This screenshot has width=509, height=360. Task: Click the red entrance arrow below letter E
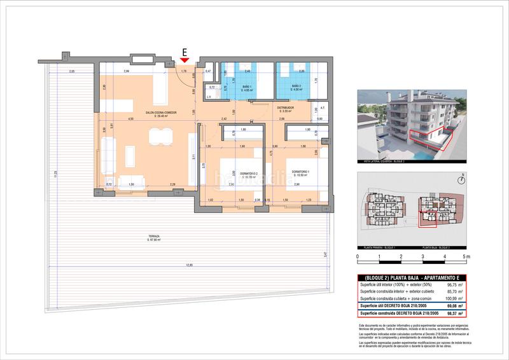185,60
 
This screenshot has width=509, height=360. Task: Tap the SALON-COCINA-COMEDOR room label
160,113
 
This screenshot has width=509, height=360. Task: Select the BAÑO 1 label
246,87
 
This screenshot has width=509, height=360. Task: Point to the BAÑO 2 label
296,87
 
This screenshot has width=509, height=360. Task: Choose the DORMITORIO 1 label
301,172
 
